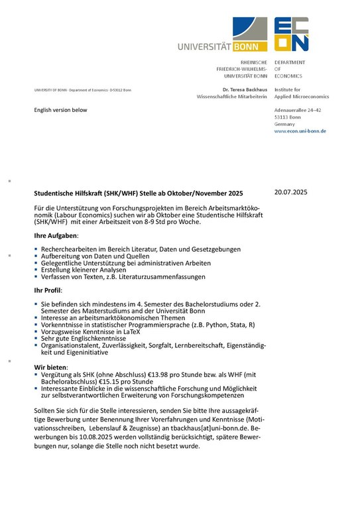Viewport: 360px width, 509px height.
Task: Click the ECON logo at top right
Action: click(x=292, y=34)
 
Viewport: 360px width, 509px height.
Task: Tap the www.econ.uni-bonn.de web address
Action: click(x=300, y=131)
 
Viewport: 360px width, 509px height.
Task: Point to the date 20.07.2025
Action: click(x=291, y=192)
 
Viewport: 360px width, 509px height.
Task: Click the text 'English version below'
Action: click(x=60, y=110)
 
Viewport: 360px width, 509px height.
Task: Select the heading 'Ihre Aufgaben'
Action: click(x=56, y=236)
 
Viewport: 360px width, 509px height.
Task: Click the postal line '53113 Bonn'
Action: click(x=288, y=117)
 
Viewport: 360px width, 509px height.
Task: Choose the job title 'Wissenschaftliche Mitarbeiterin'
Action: click(x=231, y=97)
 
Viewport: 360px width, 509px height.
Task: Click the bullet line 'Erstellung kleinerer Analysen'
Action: click(x=82, y=270)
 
